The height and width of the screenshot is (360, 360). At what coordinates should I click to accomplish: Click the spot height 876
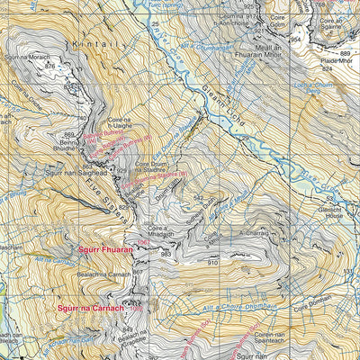coord(49,66)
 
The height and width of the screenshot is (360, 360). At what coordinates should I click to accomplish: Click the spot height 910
coord(212,262)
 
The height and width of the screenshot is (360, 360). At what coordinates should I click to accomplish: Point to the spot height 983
coord(165,255)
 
